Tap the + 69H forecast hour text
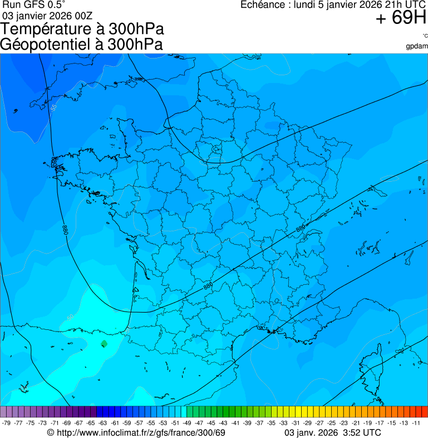[401, 18]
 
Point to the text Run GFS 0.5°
[34, 5]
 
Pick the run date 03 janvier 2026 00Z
[48, 16]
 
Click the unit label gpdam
[417, 46]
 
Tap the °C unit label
[425, 36]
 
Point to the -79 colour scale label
[7, 423]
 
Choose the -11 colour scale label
[416, 423]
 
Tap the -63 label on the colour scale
[103, 423]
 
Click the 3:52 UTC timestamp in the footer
[362, 433]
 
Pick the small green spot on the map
[104, 343]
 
